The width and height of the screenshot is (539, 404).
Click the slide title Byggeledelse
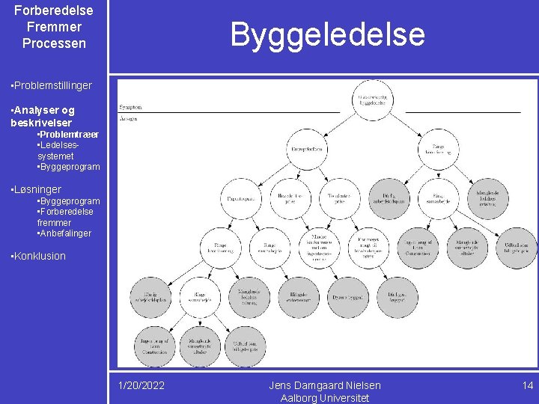327,34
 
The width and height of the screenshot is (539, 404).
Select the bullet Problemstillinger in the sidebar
52,85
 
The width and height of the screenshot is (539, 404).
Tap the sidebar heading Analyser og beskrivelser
43,116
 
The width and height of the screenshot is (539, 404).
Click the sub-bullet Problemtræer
67,134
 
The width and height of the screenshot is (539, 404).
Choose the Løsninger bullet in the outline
37,189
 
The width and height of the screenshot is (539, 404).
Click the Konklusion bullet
39,256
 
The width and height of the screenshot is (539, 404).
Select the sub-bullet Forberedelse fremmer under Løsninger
65,217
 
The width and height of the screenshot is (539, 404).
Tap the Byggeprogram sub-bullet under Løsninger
68,201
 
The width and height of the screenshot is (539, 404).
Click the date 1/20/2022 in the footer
141,385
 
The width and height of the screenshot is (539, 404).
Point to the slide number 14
527,385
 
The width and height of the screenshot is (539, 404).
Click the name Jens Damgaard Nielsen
325,385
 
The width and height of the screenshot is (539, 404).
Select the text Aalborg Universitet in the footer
325,398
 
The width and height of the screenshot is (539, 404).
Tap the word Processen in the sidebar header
54,43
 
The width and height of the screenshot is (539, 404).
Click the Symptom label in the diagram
130,107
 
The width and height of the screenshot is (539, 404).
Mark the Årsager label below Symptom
129,119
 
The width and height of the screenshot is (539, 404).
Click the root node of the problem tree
372,100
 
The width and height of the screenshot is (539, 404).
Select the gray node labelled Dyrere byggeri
347,298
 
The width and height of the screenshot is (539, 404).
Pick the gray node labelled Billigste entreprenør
298,298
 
